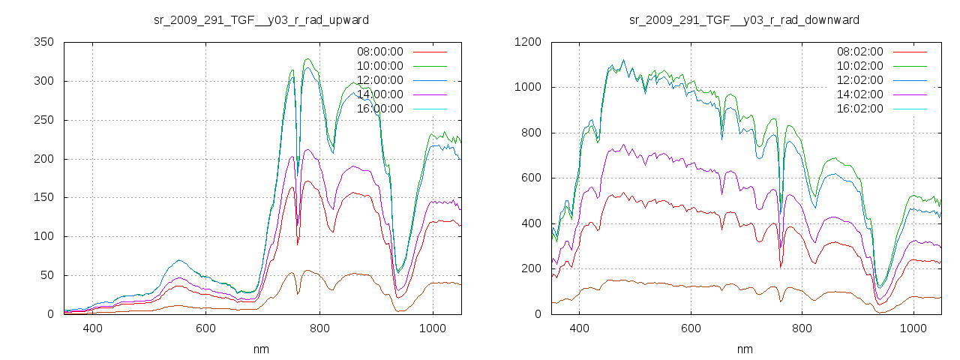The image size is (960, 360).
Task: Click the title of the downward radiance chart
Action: [744, 19]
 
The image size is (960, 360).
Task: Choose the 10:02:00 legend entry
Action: [859, 66]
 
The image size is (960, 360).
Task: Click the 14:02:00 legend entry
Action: [859, 94]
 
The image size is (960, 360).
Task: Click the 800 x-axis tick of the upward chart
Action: [319, 328]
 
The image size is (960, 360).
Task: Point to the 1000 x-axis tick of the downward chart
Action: [913, 328]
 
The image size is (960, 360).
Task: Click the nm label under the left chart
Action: [261, 349]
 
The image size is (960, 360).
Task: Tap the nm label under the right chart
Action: [744, 349]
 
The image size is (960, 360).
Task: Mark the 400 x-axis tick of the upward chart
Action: [92, 328]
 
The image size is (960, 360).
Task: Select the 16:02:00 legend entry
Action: [859, 109]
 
